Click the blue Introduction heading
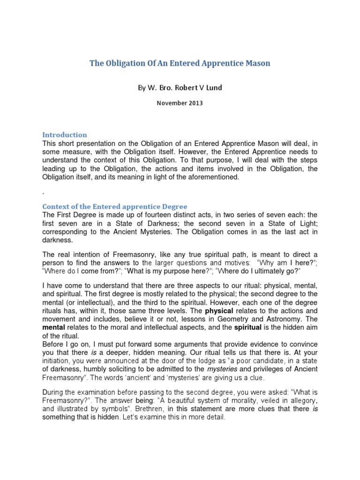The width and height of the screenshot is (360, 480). pyautogui.click(x=65, y=135)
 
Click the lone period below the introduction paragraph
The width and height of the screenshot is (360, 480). pyautogui.click(x=44, y=192)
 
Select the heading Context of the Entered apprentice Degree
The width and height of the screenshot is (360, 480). pyautogui.click(x=115, y=206)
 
